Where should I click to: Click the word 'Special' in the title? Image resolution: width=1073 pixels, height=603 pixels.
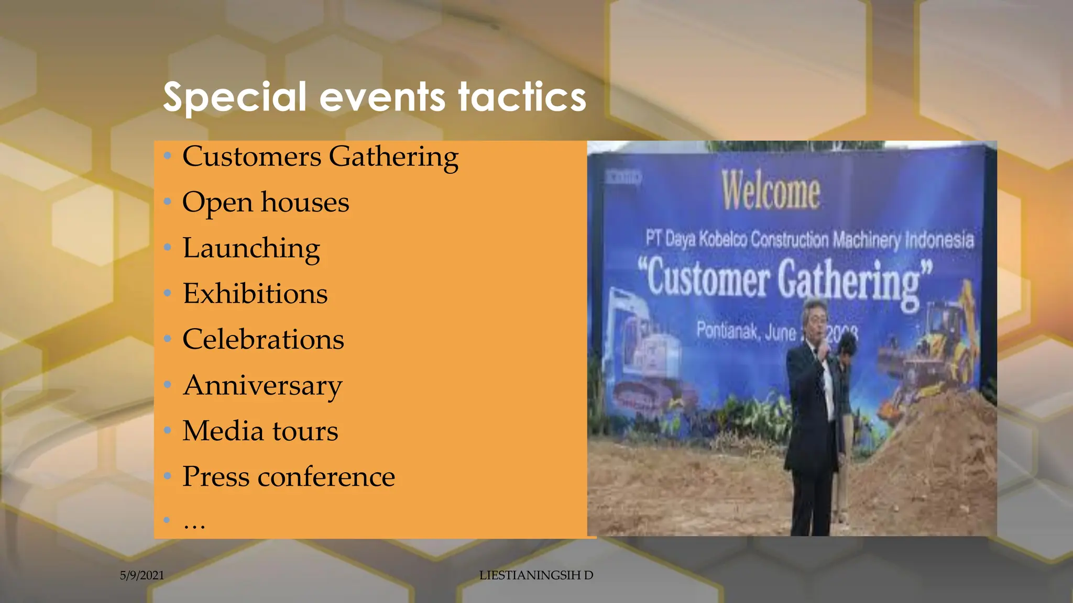coord(234,97)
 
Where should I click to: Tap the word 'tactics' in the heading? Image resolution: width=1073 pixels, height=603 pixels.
coord(522,97)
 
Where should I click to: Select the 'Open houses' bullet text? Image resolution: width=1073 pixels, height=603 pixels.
coord(265,203)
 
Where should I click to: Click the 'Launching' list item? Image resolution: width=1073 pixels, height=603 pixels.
coord(251,248)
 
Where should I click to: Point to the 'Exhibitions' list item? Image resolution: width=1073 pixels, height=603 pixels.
coord(255,294)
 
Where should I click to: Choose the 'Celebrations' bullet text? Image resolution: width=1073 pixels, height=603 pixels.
coord(263,339)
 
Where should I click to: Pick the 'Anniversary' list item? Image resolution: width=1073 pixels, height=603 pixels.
coord(262,386)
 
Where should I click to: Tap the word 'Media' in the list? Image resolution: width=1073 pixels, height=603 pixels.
coord(223,431)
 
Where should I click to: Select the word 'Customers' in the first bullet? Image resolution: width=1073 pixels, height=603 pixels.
coord(251,157)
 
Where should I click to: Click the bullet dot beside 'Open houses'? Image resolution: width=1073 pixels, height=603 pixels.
coord(167,202)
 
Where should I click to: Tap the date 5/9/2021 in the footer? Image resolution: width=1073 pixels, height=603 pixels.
coord(142,575)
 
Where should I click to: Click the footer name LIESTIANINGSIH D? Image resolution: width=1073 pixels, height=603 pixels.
coord(536,575)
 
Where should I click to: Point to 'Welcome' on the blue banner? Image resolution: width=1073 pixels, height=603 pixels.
coord(771,190)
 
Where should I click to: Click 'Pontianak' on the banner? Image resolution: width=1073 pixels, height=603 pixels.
coord(727,331)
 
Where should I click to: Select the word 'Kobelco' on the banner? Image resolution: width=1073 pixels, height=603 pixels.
coord(723,239)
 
